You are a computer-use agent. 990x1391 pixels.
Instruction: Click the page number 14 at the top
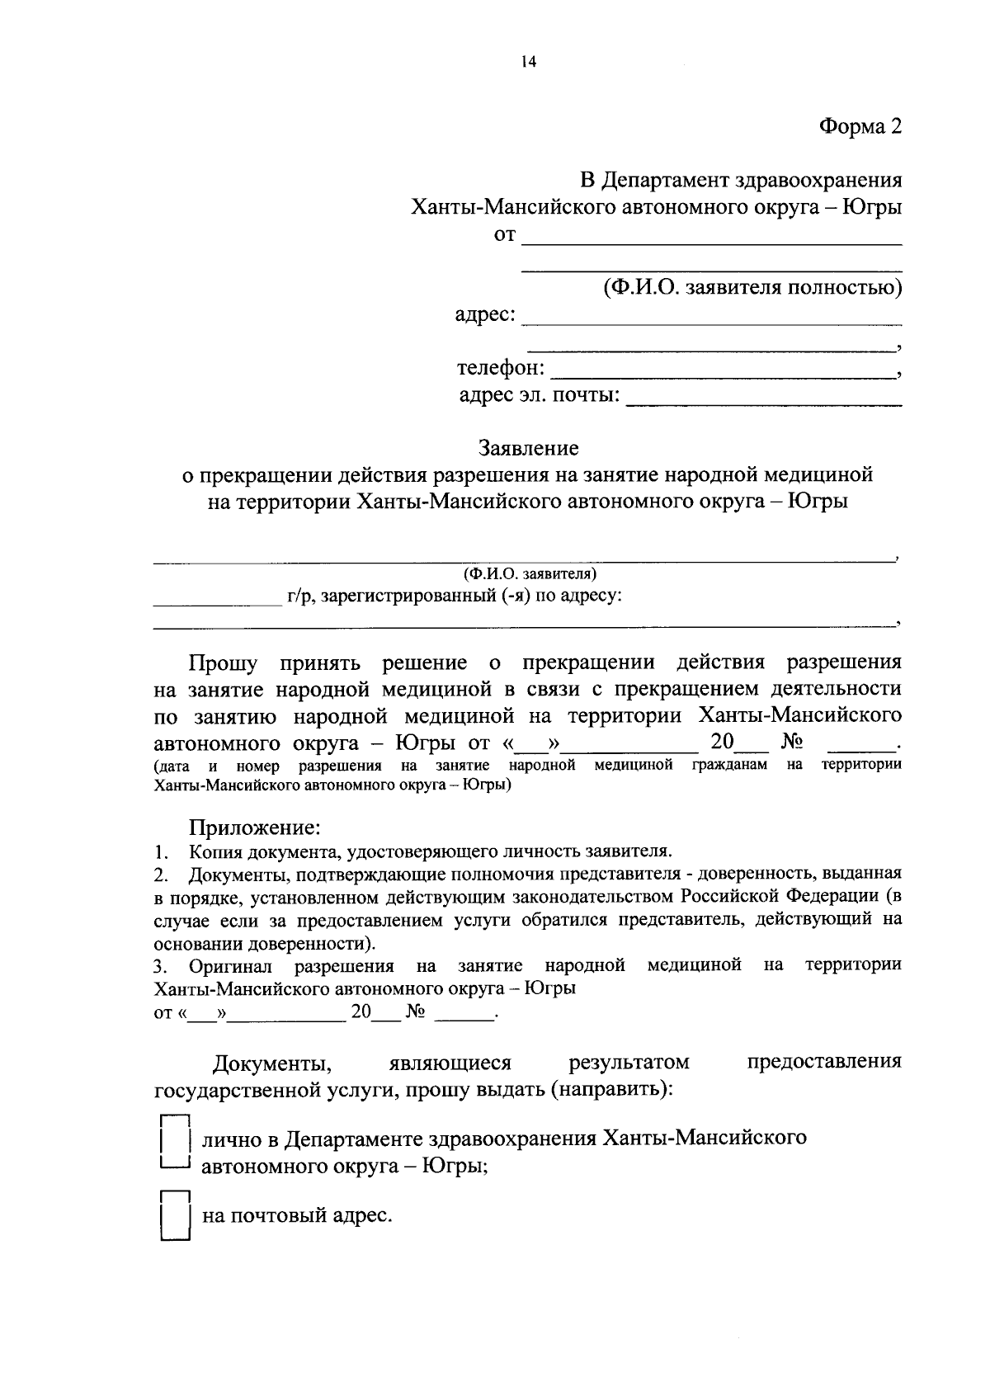pos(528,63)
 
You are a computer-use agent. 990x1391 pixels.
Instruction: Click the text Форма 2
pos(860,126)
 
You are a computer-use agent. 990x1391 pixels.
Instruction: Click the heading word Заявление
pos(529,448)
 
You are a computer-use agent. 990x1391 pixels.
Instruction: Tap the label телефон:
pos(501,368)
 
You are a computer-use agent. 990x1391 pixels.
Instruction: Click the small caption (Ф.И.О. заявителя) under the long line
pos(529,573)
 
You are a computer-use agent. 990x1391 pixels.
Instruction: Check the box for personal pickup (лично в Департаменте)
pos(174,1143)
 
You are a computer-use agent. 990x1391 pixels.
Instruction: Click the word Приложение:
pos(254,827)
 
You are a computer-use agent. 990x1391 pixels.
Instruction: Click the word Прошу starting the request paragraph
pos(223,663)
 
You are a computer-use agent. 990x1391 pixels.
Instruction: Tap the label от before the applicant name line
pos(504,236)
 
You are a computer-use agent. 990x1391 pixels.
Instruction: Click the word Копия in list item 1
pos(214,851)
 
